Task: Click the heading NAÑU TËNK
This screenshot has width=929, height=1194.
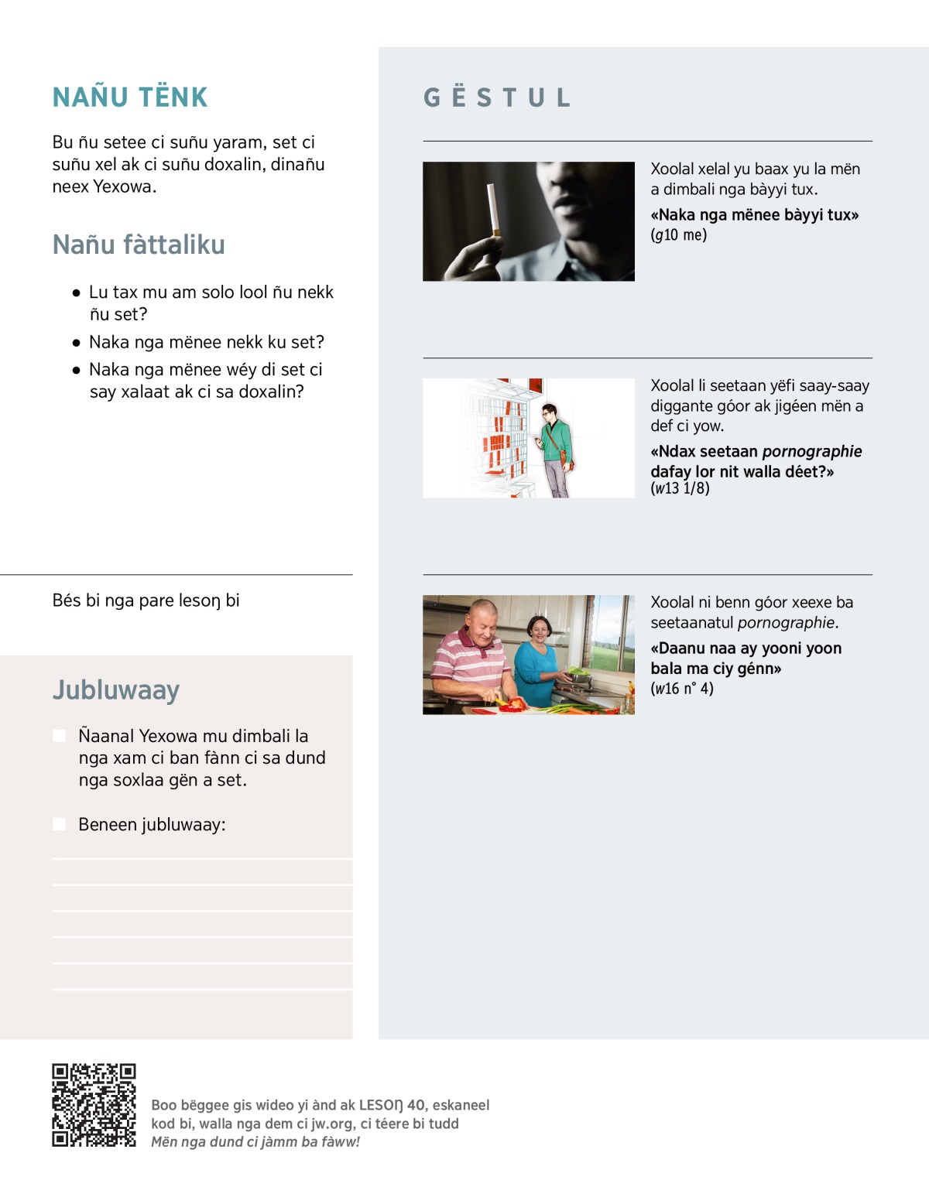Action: point(130,98)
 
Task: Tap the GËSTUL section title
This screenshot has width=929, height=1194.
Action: point(497,98)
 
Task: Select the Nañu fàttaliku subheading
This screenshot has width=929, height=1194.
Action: point(139,245)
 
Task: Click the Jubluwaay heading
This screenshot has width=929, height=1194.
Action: point(116,689)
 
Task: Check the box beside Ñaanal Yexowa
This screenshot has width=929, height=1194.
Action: point(60,736)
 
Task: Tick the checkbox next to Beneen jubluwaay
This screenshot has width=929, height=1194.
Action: point(60,825)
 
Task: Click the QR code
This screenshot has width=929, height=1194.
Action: point(94,1105)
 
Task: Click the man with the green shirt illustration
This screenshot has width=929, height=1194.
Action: point(554,449)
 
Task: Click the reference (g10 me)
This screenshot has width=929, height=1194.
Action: point(679,235)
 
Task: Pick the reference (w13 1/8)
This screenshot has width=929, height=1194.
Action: point(680,488)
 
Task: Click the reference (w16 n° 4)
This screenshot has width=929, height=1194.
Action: point(682,689)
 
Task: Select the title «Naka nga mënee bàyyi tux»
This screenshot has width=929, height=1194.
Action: point(755,215)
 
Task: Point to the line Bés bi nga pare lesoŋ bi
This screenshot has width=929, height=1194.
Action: point(146,600)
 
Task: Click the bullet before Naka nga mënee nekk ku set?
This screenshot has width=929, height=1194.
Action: point(76,343)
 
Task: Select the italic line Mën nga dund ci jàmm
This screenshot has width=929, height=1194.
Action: point(255,1142)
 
